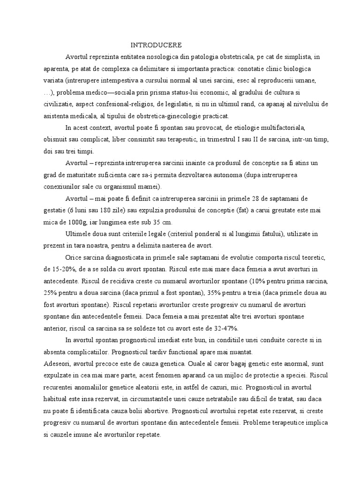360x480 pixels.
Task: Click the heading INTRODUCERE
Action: coord(156,45)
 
